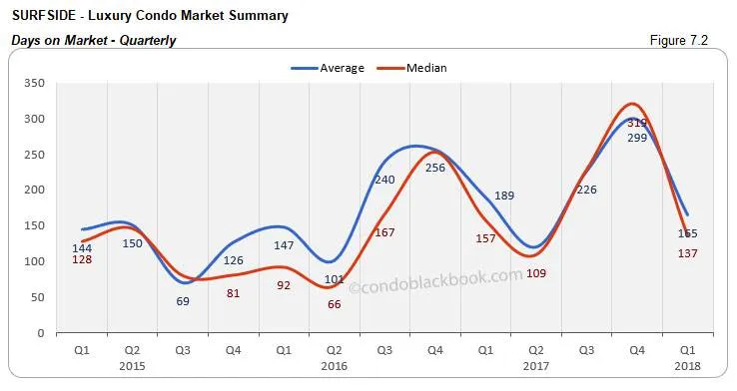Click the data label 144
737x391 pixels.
click(x=82, y=247)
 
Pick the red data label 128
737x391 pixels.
click(x=82, y=260)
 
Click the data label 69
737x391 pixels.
click(x=183, y=300)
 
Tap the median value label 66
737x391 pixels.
click(x=335, y=303)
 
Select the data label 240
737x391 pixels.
click(x=385, y=180)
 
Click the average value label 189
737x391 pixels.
click(x=504, y=195)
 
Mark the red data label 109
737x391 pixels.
click(x=536, y=273)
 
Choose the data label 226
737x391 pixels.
click(x=586, y=190)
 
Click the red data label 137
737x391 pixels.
click(x=687, y=253)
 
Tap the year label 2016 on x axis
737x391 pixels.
click(x=334, y=365)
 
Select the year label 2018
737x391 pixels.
click(x=687, y=365)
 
